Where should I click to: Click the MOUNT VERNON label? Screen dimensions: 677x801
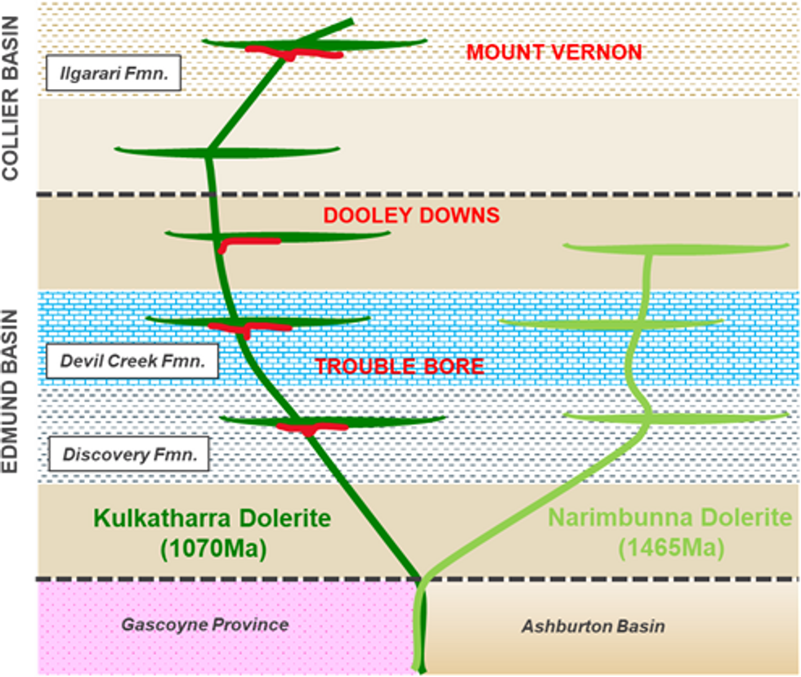coord(553,52)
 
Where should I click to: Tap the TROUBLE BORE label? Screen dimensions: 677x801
coord(400,366)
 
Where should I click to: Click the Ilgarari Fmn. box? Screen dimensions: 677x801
coord(114,74)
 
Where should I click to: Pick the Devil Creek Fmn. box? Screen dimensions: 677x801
coord(132,361)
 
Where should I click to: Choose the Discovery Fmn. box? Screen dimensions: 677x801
coord(129,455)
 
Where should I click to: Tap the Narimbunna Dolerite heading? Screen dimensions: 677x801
coord(669,518)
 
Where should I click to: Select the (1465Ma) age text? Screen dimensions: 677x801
coord(669,548)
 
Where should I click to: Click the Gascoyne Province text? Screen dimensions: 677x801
coord(204,625)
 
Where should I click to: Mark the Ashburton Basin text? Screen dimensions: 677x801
coord(593,627)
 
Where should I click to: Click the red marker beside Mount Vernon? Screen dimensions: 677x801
coord(294,53)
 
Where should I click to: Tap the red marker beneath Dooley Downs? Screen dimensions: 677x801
coord(245,242)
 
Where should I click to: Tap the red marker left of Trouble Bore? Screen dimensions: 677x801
coord(249,328)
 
